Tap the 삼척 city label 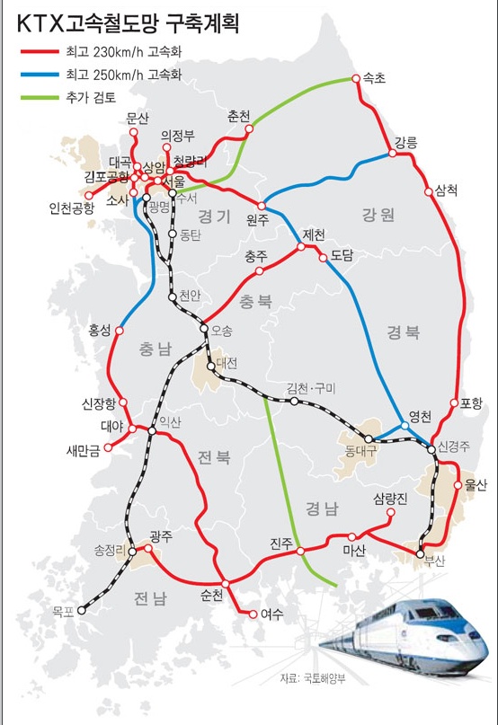(446, 190)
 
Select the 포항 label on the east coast (471, 402)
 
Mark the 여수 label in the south (271, 615)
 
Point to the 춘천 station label (239, 116)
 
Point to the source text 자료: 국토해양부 (311, 677)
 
